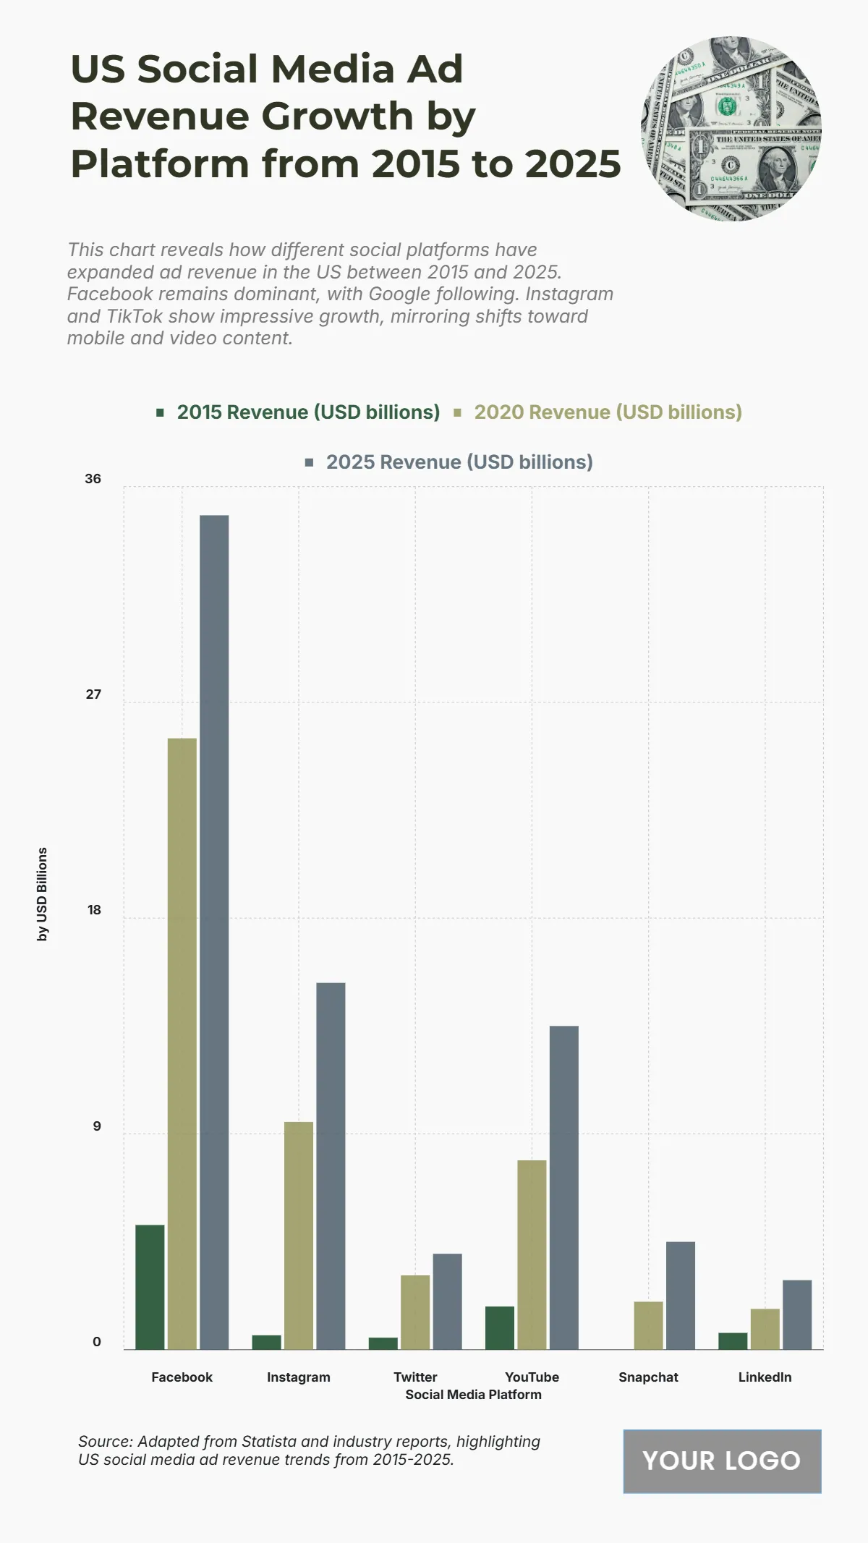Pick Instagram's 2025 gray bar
pos(331,1165)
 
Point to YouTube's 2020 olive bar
pos(532,1254)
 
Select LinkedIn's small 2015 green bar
pos(733,1340)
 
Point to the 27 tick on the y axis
pos(93,694)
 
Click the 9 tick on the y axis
pos(96,1126)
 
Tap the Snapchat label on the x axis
pos(648,1377)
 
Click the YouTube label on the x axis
pos(532,1377)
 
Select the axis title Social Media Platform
pos(473,1395)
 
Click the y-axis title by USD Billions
pos(43,894)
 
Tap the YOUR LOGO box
pos(722,1461)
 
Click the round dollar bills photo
pos(731,128)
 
